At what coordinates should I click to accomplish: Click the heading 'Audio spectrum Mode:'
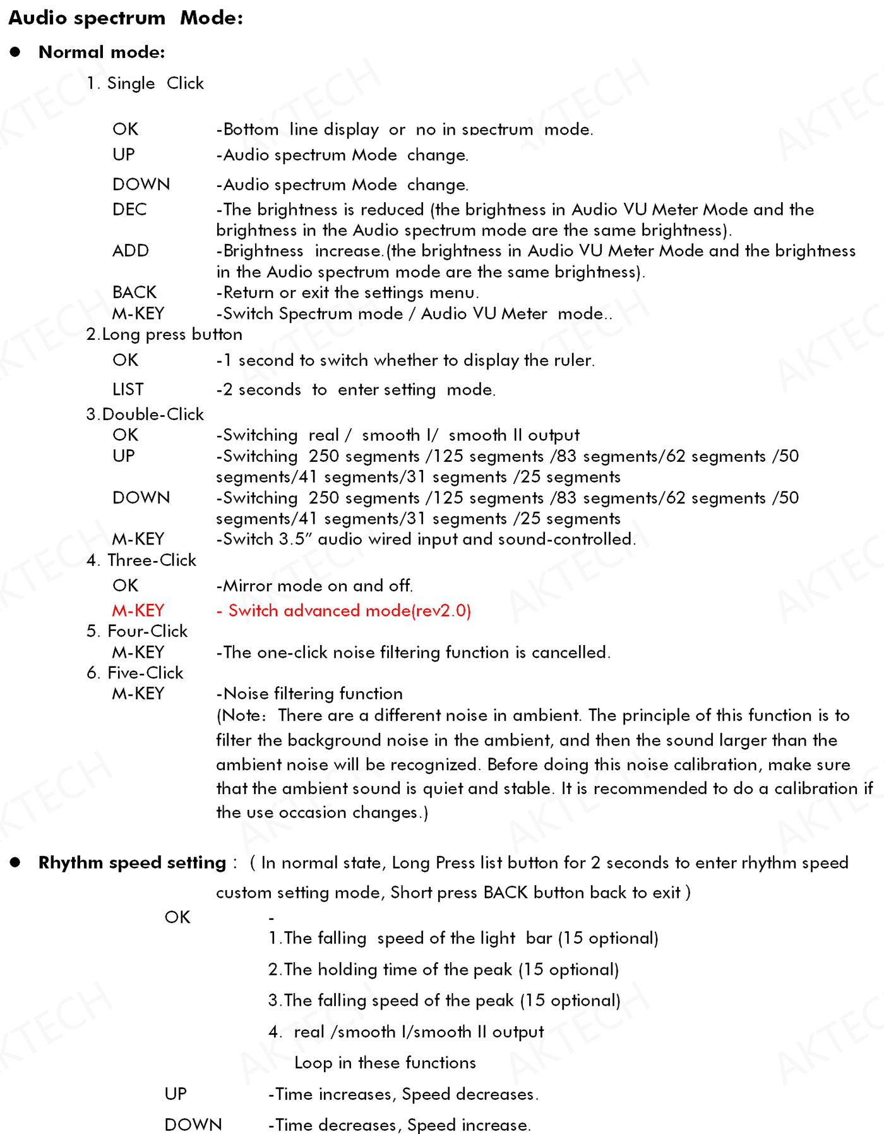tap(125, 18)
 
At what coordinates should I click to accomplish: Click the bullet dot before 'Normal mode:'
tap(15, 52)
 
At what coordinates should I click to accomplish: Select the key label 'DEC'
tap(129, 209)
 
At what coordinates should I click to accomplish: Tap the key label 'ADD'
tap(131, 251)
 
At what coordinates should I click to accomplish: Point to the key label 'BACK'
tap(134, 293)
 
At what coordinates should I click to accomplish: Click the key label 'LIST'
tap(128, 389)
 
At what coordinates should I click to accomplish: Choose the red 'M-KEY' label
tap(138, 610)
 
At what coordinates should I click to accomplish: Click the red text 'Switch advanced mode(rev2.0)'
tap(349, 610)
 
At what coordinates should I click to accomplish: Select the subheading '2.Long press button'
tap(164, 334)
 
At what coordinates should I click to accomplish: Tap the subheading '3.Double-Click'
tap(145, 414)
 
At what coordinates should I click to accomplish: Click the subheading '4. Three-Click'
tap(141, 560)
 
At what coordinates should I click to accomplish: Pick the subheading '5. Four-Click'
tap(137, 631)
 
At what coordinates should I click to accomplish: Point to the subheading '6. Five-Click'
tap(135, 673)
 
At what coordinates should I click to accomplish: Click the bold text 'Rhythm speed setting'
tap(132, 862)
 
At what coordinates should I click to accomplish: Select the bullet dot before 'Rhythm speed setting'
tap(15, 862)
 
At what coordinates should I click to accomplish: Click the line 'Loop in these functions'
tap(385, 1063)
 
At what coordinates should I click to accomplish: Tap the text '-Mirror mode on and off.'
tap(314, 586)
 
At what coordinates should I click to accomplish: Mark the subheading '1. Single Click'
tap(145, 83)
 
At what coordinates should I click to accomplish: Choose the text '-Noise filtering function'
tap(309, 694)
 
